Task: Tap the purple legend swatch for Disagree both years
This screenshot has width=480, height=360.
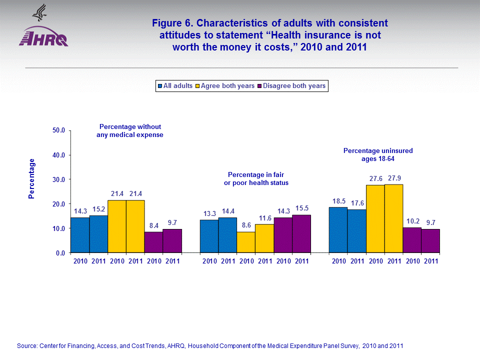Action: (x=259, y=86)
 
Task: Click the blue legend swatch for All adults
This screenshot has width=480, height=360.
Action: (x=160, y=86)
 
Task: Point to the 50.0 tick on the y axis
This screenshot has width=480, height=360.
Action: (x=58, y=130)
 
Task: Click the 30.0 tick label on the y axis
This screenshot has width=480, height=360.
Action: (x=58, y=179)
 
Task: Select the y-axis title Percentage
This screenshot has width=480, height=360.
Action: (x=32, y=178)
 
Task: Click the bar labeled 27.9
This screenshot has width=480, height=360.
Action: (x=393, y=218)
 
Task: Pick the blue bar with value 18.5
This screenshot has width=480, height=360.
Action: (x=338, y=230)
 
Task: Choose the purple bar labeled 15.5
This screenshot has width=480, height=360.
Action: (x=301, y=233)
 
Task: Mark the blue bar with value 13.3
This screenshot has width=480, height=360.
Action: (x=209, y=236)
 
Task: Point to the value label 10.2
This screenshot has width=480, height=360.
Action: (x=412, y=221)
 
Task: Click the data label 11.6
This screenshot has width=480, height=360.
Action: (x=264, y=217)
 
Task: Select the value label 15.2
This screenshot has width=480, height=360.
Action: (x=98, y=209)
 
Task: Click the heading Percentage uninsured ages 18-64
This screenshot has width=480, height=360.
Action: (x=378, y=154)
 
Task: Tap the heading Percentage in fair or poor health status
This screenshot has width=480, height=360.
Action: (x=256, y=178)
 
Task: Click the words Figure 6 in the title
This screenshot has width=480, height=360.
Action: (x=173, y=23)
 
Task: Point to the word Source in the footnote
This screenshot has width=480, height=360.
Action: (x=26, y=345)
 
